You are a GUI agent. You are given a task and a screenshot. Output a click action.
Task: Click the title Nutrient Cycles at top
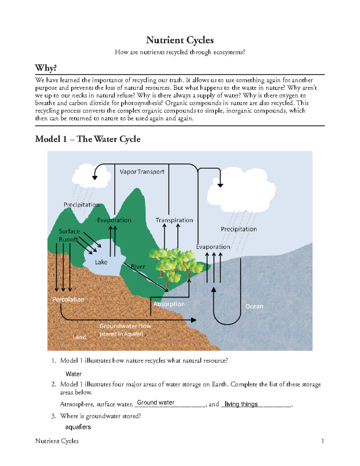[180, 40]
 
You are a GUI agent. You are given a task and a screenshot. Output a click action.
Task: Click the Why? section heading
[46, 68]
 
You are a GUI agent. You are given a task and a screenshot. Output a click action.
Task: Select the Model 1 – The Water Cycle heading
[88, 139]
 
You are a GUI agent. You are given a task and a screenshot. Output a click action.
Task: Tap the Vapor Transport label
[142, 172]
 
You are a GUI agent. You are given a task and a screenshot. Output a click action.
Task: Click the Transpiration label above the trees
[174, 220]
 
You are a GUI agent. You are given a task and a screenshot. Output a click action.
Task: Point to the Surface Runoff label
[69, 235]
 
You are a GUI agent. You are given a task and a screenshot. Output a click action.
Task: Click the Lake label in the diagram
[101, 262]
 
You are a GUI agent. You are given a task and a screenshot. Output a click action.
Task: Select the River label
[138, 267]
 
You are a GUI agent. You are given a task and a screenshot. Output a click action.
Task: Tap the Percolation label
[68, 299]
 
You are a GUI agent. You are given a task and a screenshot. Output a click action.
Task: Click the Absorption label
[169, 304]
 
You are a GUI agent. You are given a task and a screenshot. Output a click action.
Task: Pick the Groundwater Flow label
[125, 326]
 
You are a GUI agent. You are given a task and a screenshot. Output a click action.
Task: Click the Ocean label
[254, 306]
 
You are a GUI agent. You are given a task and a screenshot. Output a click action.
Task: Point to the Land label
[79, 337]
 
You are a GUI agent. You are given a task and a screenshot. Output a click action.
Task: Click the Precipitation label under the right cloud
[239, 229]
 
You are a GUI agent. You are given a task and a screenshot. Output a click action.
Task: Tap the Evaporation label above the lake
[114, 220]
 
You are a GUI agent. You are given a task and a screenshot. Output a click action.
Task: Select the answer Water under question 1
[73, 374]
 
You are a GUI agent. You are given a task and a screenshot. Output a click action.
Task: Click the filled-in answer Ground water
[156, 403]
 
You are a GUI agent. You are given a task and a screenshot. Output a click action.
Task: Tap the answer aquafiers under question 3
[78, 427]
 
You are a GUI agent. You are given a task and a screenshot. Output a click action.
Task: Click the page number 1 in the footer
[322, 441]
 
